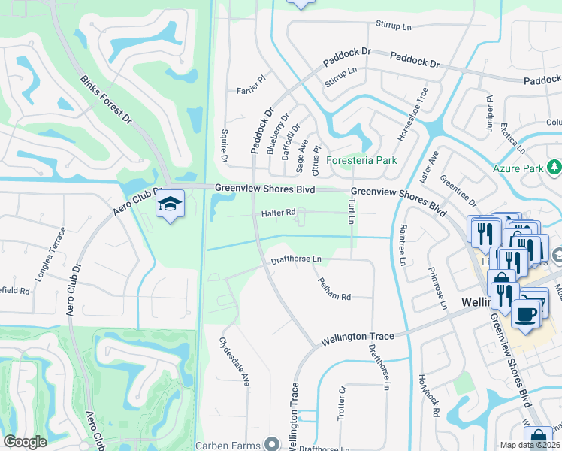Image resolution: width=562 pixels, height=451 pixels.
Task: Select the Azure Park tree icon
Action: click(554, 167)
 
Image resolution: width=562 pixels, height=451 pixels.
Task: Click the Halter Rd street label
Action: click(278, 213)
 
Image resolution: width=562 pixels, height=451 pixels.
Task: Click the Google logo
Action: click(25, 442)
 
